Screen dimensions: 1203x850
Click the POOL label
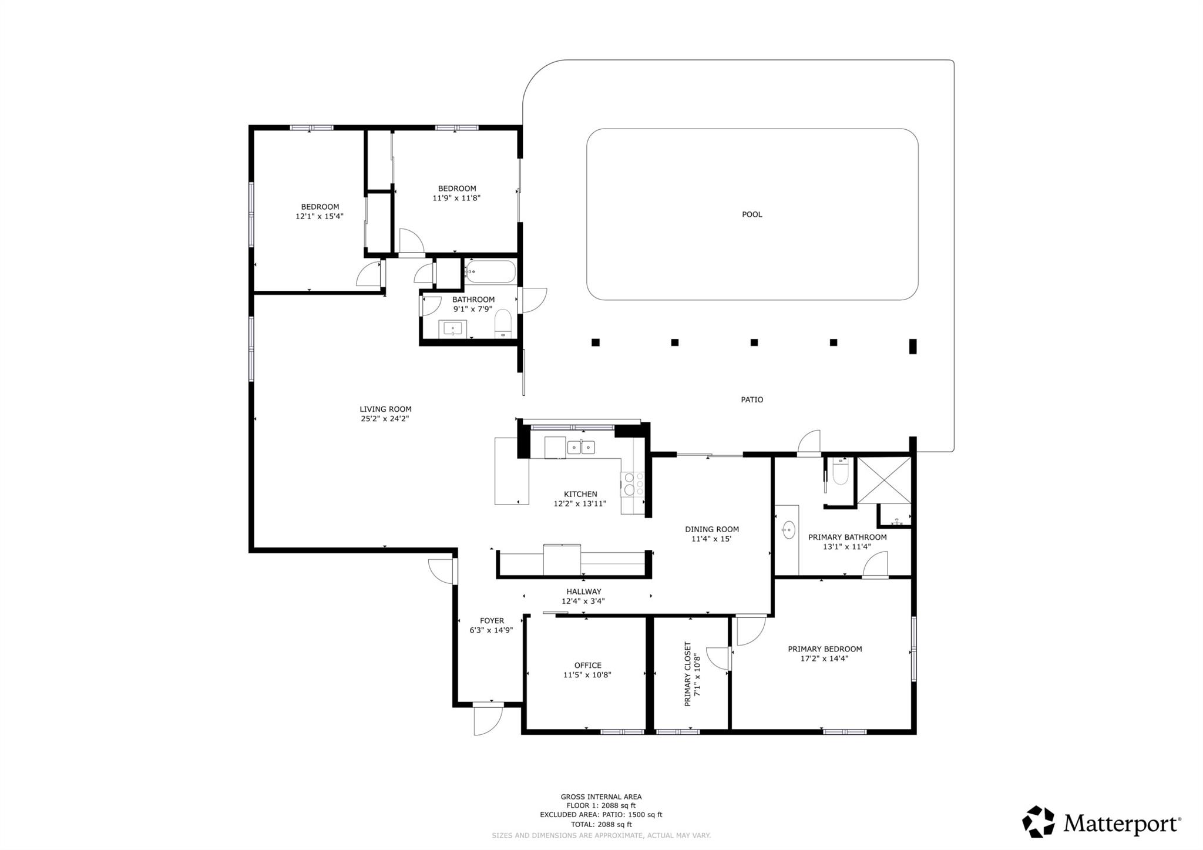[x=752, y=214]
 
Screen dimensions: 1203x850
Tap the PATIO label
[x=752, y=399]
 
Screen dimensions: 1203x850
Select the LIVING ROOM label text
[x=385, y=409]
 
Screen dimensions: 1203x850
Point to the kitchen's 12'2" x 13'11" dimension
[x=580, y=503]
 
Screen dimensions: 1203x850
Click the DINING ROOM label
[x=711, y=529]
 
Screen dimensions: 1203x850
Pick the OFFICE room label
[x=587, y=666]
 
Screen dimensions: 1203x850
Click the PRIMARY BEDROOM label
[x=825, y=649]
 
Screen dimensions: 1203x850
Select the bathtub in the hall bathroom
[x=490, y=272]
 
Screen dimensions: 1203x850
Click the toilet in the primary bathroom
[x=841, y=471]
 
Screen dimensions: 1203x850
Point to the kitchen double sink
[x=581, y=447]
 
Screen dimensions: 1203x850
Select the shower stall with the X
[x=884, y=481]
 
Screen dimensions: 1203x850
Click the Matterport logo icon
[x=1038, y=822]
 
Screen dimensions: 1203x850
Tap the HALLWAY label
[x=583, y=592]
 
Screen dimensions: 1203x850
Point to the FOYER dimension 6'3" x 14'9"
[x=491, y=630]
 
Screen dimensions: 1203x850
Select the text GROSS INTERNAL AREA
[x=601, y=797]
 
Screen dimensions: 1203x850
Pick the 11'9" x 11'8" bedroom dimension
[x=456, y=198]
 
